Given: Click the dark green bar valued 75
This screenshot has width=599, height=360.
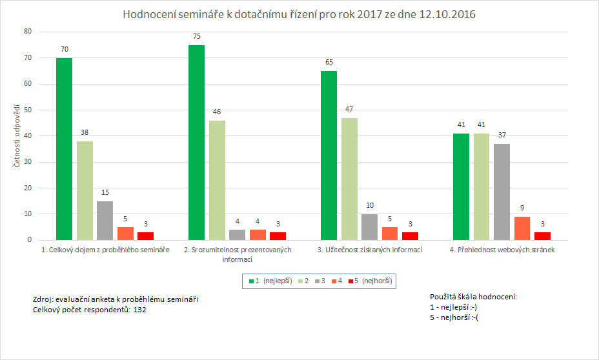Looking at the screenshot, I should click(196, 143).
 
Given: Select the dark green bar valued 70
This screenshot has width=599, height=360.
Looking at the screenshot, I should click(64, 149).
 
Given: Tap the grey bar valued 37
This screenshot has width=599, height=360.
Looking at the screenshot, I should click(502, 192).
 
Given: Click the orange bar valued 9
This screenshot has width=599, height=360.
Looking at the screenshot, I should click(522, 228).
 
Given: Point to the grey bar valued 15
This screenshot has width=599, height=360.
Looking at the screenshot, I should click(105, 221).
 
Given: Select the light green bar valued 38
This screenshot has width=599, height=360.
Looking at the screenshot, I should click(85, 190).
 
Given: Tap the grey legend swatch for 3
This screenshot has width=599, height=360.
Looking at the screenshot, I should click(317, 281).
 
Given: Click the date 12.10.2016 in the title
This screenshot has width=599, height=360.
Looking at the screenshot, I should click(445, 14).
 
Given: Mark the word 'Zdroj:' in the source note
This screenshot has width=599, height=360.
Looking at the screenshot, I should click(43, 299).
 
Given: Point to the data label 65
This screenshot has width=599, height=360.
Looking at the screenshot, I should click(329, 62).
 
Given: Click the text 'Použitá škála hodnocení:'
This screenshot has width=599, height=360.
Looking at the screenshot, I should click(473, 297).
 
